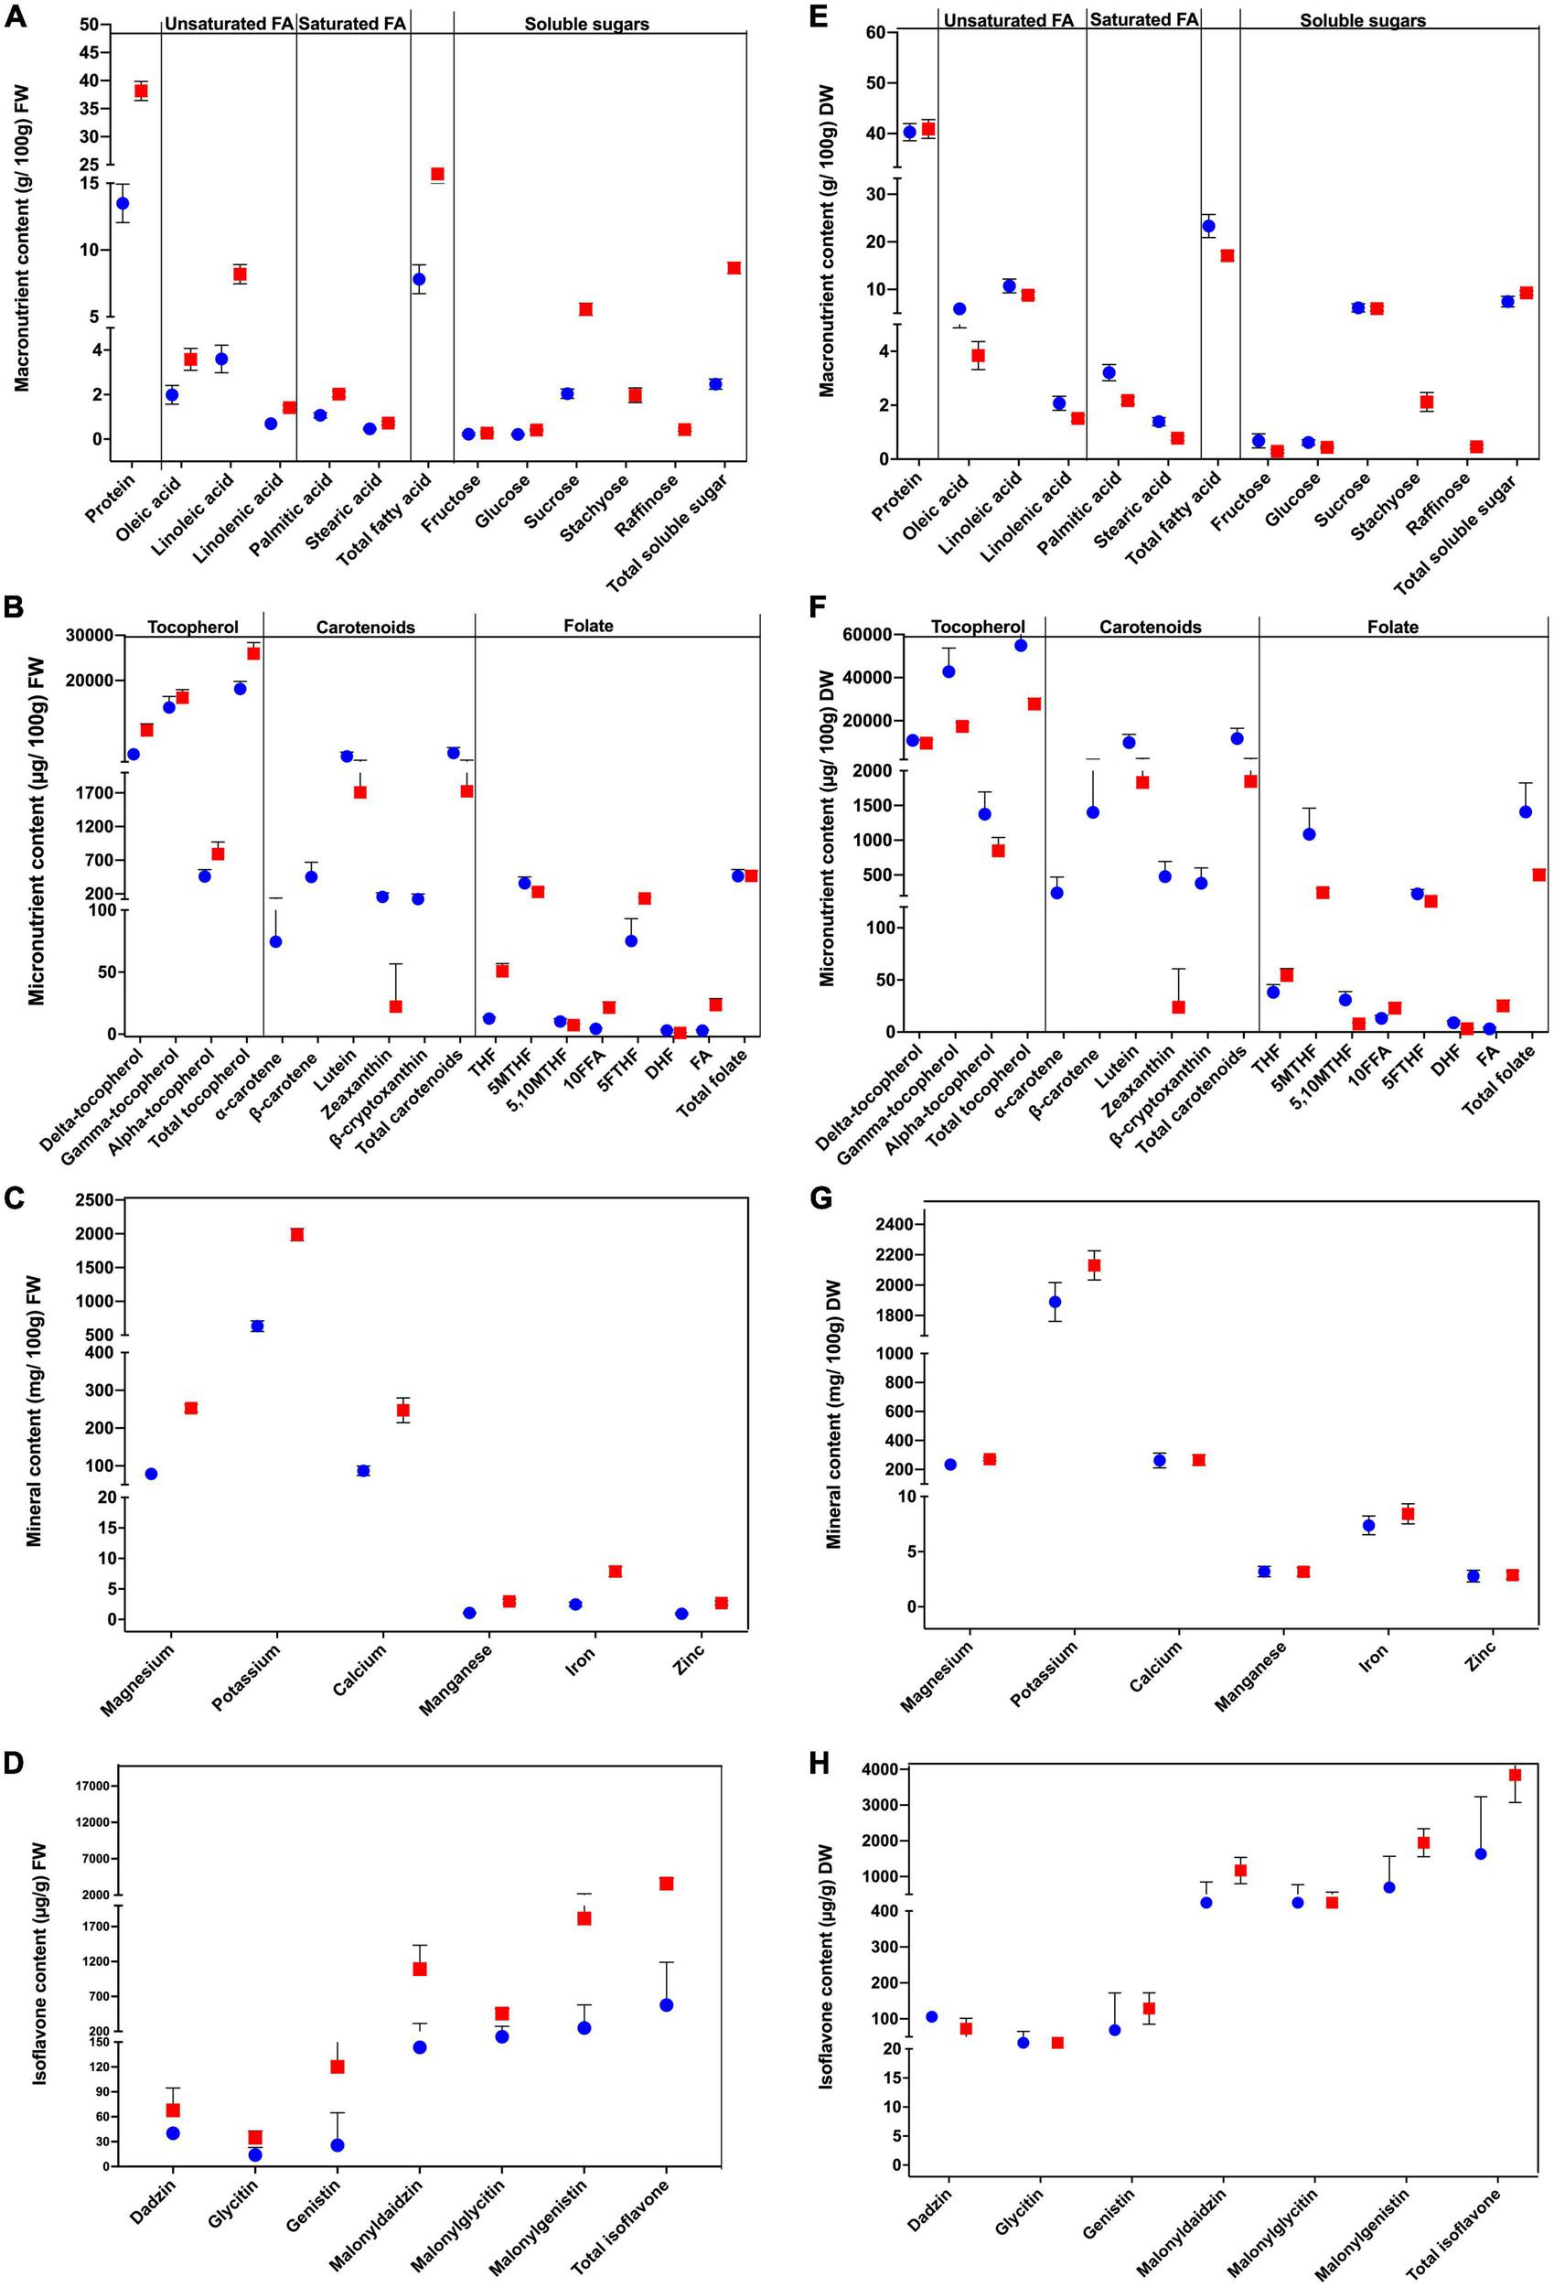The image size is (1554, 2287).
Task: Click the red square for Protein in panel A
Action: pos(141,91)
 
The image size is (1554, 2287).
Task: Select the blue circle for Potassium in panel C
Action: pos(258,1326)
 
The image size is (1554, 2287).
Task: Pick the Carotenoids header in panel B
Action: pos(365,627)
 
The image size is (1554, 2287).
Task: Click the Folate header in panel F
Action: pos(1393,627)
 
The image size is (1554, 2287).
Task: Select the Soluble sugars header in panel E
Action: pos(1362,20)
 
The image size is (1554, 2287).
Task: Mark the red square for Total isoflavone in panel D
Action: pos(666,1883)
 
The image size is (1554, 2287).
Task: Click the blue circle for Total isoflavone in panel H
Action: pos(1480,1853)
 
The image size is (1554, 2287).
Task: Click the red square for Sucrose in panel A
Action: pos(585,309)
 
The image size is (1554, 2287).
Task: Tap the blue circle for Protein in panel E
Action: pos(909,132)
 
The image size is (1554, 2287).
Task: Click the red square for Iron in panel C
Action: pos(615,1572)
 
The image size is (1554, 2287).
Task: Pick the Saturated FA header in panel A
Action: pos(351,23)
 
